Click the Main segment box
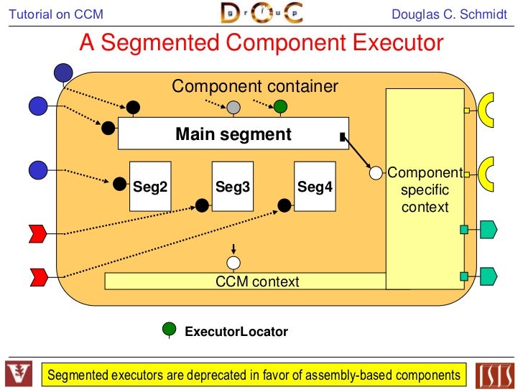(x=233, y=134)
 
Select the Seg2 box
(x=150, y=187)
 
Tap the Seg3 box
(x=233, y=187)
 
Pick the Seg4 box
(x=315, y=187)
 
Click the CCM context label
(x=257, y=281)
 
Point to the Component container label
(x=254, y=87)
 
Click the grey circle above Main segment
(x=233, y=108)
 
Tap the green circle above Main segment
(x=280, y=108)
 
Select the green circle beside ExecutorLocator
(x=170, y=330)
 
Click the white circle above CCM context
(x=233, y=263)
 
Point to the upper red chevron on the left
(x=37, y=233)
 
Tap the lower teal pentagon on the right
(x=489, y=274)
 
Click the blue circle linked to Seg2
(x=38, y=170)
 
